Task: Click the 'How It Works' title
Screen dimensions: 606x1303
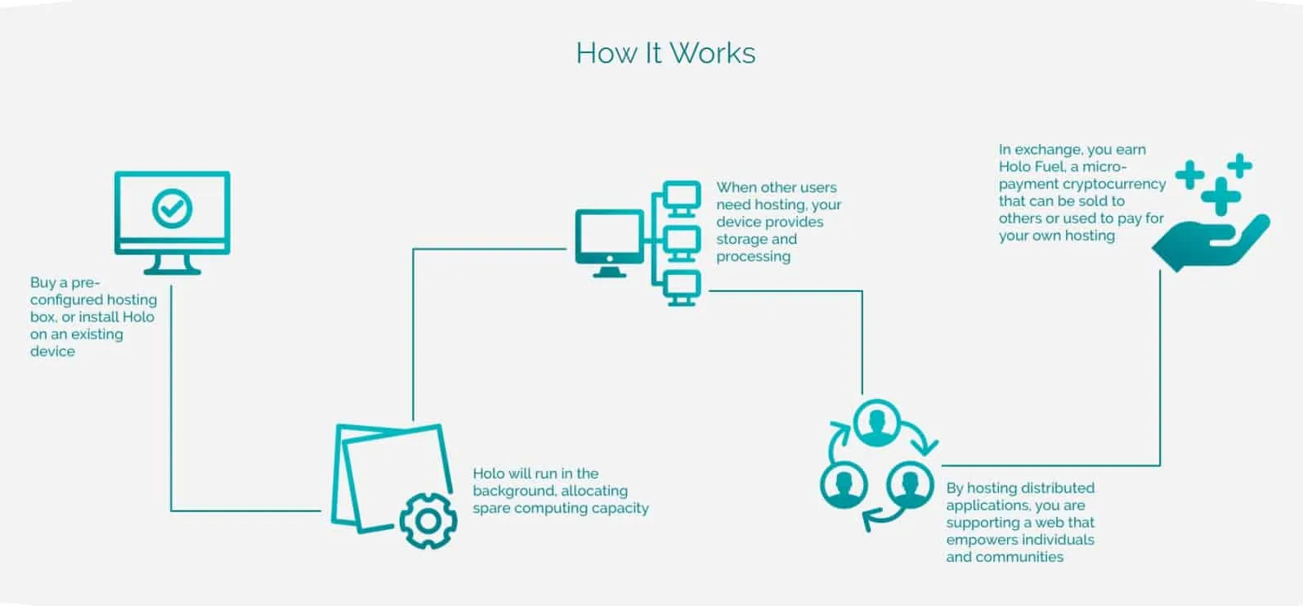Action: [665, 53]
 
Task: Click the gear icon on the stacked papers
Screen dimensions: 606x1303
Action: [428, 520]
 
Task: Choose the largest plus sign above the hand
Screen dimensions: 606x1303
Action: [1221, 197]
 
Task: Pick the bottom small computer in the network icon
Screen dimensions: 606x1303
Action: [681, 287]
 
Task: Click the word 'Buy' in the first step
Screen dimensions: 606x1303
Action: [43, 283]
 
